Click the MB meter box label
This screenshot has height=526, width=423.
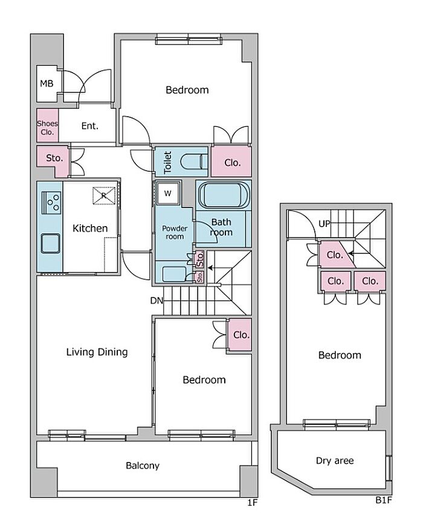coord(47,83)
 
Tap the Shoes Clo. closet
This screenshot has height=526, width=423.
coord(47,126)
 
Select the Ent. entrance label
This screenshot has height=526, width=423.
coord(90,126)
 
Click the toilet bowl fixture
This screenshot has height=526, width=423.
coord(194,162)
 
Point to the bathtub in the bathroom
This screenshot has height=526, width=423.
coord(224,195)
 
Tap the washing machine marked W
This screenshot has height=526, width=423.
coord(168,193)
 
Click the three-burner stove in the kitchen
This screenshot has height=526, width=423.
coord(51,203)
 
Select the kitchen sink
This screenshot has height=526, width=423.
coord(51,243)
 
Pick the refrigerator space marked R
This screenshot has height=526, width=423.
coord(104,195)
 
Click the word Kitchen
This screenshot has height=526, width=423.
coord(90,229)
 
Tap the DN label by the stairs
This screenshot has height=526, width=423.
coord(157,300)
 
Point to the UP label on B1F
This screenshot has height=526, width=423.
coord(324,224)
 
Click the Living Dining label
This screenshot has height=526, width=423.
coord(97,352)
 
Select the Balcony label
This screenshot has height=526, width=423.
coord(143,466)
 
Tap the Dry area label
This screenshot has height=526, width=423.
coord(335,461)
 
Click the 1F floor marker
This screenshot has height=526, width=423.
coord(252,502)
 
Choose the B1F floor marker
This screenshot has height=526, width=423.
coord(384,500)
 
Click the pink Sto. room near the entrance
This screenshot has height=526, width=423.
coord(54,158)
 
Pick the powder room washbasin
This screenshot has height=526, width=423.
coord(174,274)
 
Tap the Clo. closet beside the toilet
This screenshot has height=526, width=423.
coord(231,162)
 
